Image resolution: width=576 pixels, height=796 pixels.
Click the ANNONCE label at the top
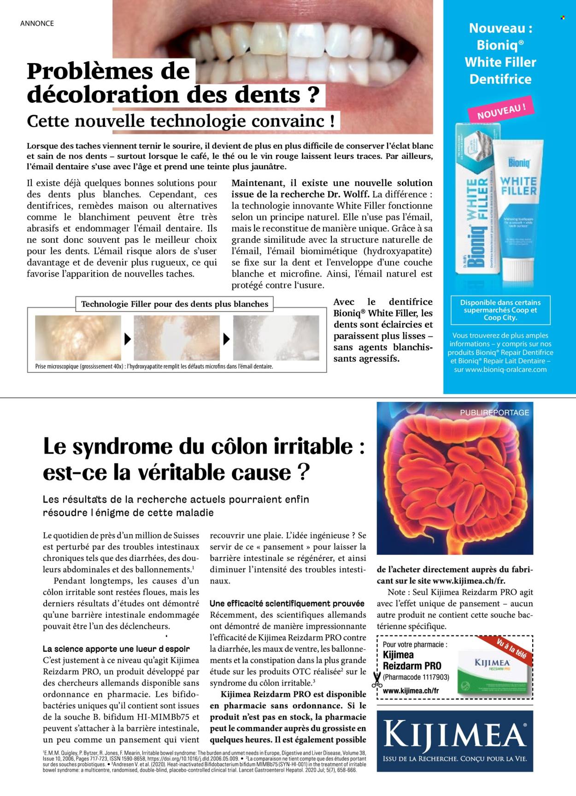coord(37,23)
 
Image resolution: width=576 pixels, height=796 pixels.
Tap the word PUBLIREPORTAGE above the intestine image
coord(494,413)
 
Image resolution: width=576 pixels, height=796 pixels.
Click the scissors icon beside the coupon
coord(376,680)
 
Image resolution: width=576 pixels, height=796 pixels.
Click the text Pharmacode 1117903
coord(416,678)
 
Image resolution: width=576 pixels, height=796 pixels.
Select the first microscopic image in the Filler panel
coord(78,338)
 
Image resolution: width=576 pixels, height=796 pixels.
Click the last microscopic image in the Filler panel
coord(276,338)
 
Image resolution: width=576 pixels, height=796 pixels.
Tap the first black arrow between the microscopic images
coord(127,340)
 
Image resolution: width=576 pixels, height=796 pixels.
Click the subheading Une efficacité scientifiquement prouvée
coord(287,603)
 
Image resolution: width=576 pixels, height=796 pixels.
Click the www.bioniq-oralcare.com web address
coord(500,369)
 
